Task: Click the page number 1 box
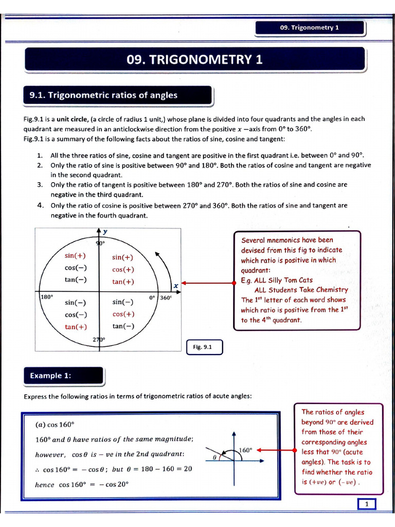tap(367, 504)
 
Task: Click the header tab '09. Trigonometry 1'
tap(310, 28)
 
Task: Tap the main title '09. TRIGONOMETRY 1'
tap(194, 60)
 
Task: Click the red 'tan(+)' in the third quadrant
tap(76, 327)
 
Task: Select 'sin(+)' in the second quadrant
tap(76, 256)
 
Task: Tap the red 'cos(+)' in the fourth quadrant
tap(123, 314)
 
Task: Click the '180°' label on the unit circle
tap(47, 297)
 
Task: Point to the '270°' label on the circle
tap(99, 340)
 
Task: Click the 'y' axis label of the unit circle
tap(105, 232)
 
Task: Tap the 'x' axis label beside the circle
tap(175, 285)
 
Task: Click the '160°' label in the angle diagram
tap(245, 450)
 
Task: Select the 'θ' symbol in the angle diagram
tap(213, 456)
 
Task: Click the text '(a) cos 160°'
tap(55, 425)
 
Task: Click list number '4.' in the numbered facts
tap(40, 205)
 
